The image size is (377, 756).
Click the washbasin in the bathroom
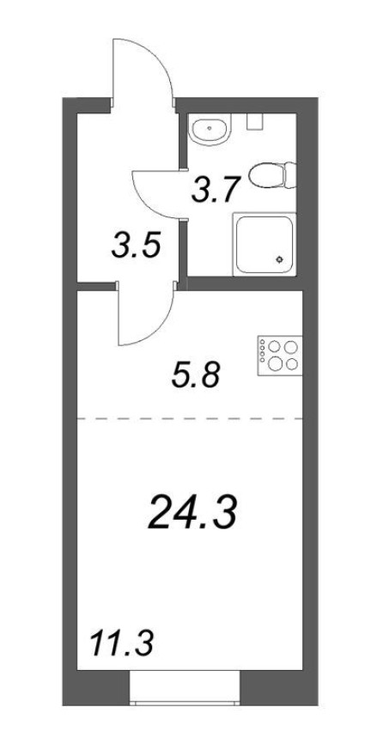(x=210, y=131)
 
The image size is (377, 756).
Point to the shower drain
(x=279, y=259)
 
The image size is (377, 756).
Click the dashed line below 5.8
(x=189, y=418)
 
